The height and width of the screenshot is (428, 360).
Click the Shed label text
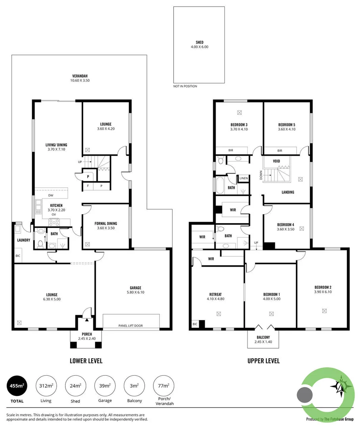point(200,42)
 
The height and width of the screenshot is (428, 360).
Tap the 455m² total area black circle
point(17,386)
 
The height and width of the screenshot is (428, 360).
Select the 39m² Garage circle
point(105,386)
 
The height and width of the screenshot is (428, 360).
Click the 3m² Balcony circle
point(134,386)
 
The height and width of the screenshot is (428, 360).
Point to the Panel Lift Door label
point(130,326)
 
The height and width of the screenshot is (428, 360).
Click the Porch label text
point(87,334)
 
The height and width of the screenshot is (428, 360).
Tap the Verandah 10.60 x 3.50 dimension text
point(80,80)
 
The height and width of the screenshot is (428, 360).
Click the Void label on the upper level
point(276,161)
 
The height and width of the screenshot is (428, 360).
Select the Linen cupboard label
point(244,178)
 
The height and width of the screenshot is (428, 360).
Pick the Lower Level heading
point(86,361)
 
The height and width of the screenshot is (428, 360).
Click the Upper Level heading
point(264,361)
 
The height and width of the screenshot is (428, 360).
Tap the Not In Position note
point(185,86)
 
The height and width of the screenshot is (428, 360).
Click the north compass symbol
point(341,386)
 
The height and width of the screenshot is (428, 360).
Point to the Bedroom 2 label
point(323,287)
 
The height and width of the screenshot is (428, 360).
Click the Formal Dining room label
point(106,223)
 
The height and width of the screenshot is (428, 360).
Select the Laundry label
point(23,240)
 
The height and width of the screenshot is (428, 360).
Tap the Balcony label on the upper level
point(263,337)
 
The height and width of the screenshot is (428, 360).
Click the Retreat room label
point(216,294)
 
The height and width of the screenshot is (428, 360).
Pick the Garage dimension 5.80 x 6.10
point(136,292)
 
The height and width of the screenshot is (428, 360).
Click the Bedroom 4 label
point(286,225)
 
